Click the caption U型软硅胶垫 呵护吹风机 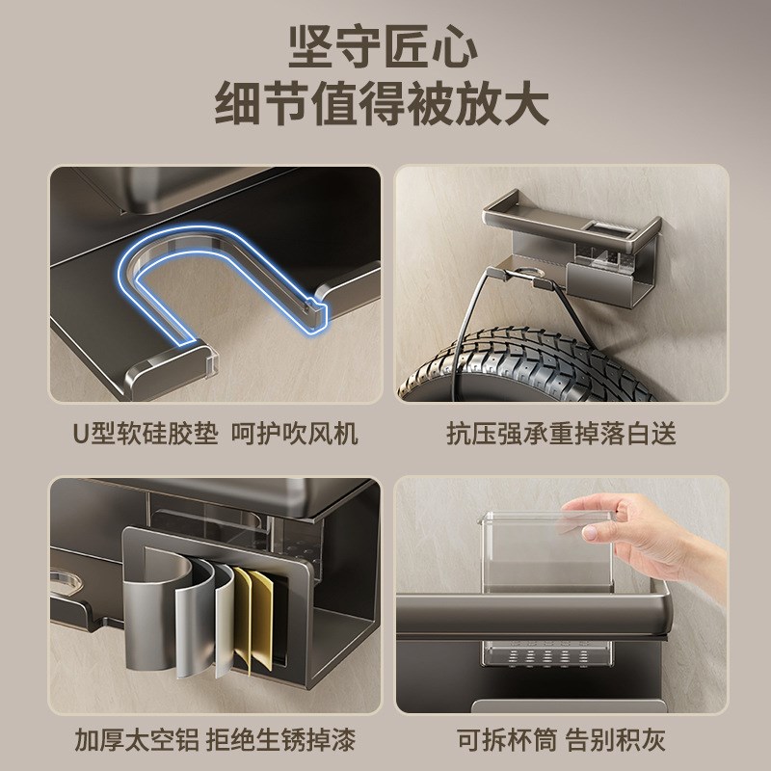tap(216, 433)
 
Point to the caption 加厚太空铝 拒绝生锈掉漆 tap(216, 741)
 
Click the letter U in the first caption tap(82, 433)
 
